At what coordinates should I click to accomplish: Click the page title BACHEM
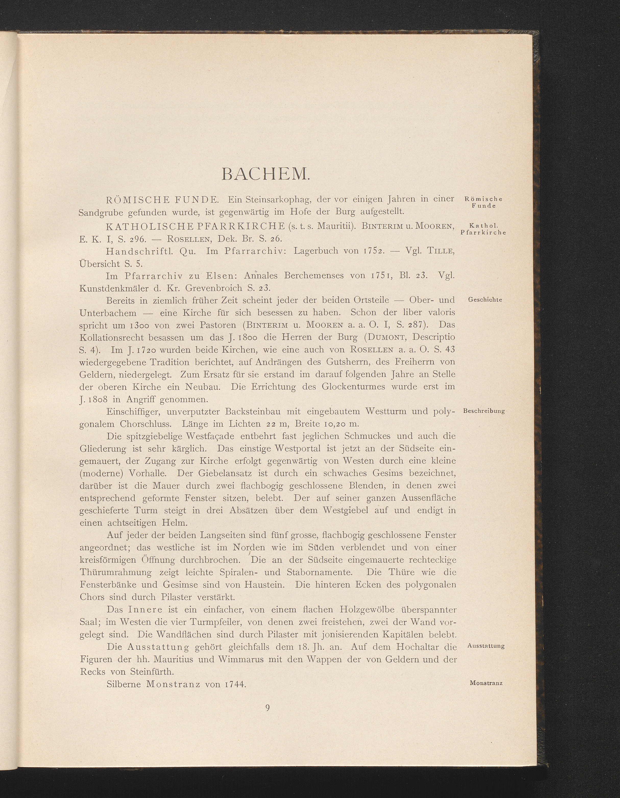tap(266, 174)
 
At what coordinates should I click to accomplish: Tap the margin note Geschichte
tap(485, 300)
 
